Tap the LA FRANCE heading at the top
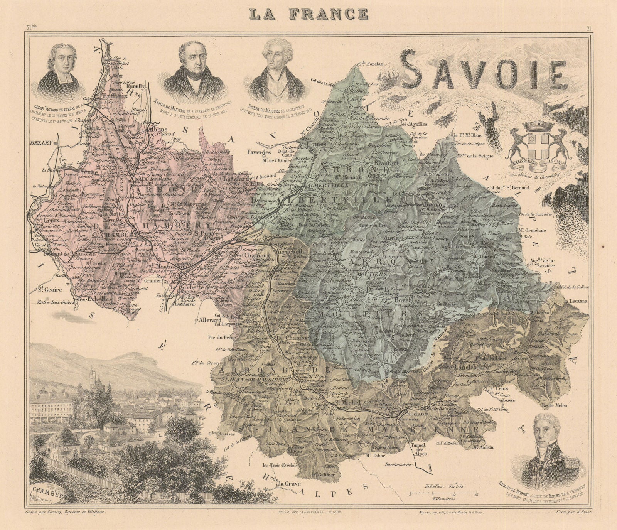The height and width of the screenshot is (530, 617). coord(308,13)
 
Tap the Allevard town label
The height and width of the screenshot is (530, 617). coord(210,320)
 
